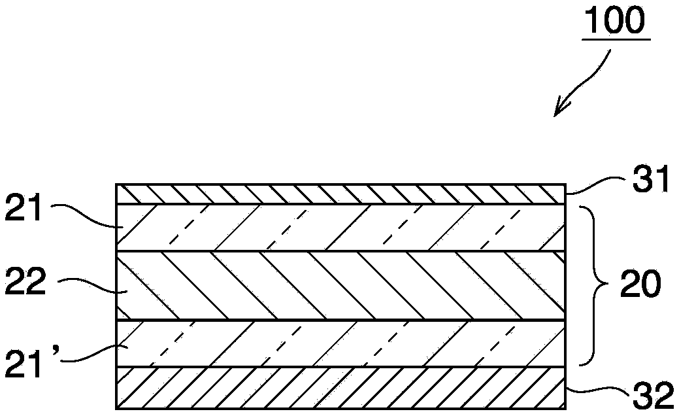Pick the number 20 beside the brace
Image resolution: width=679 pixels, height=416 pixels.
click(640, 285)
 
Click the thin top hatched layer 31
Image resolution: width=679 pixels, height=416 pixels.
click(339, 194)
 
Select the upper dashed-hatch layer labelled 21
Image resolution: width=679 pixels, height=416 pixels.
click(339, 228)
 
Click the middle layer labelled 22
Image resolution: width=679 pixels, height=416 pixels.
click(339, 286)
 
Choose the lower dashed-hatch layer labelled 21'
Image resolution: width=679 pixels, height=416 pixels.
click(339, 343)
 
